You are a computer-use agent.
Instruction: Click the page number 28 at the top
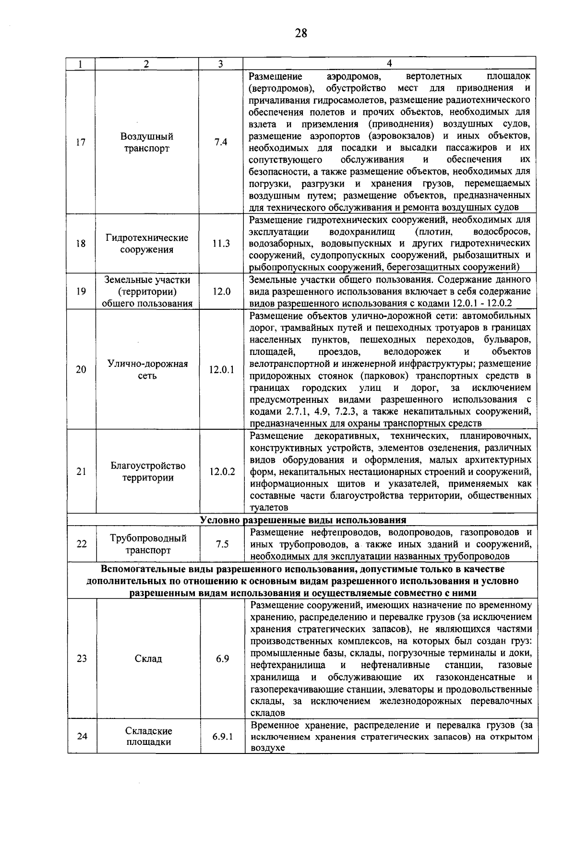point(301,33)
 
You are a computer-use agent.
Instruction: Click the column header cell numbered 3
point(220,64)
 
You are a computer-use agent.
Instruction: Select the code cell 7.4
point(221,142)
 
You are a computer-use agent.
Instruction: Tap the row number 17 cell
point(81,142)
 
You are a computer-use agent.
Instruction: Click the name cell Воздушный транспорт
point(147,142)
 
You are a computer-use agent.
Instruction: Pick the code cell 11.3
point(221,244)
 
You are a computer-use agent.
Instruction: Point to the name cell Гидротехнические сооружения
point(147,244)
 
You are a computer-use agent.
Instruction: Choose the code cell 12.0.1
point(222,370)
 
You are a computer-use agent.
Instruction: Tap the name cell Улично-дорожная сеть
point(147,370)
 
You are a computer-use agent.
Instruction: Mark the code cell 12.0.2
point(222,471)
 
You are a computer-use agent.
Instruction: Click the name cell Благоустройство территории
point(148,471)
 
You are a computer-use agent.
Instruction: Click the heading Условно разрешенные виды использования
point(302,520)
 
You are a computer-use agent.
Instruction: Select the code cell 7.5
point(222,544)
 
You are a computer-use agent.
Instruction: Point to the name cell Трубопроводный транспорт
point(148,544)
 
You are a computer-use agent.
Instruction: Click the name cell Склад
point(148,659)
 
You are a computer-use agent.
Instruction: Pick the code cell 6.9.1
point(223,736)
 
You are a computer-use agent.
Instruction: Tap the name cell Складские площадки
point(149,736)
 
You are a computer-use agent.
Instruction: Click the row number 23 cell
point(82,659)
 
